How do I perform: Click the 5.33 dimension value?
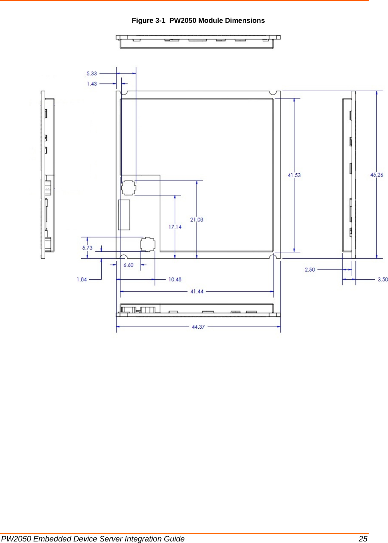point(92,73)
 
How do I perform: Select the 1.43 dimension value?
point(92,84)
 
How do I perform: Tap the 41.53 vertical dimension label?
point(294,175)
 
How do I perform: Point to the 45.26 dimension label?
point(376,175)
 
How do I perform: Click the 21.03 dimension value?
point(196,220)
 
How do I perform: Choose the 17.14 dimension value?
point(175,227)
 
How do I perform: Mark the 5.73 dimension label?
point(87,248)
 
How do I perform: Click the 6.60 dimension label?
point(128,265)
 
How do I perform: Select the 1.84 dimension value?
point(82,279)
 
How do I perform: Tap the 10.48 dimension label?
point(175,279)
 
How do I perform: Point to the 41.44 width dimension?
point(197,292)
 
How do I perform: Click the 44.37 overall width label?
point(198,327)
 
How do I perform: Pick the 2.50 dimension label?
point(310,270)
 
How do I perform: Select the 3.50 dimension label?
point(383,279)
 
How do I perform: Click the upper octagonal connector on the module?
point(129,188)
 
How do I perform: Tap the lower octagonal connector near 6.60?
point(148,244)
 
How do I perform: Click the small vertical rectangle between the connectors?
point(124,215)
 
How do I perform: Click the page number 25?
point(363,539)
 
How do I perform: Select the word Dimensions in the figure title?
point(245,20)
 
